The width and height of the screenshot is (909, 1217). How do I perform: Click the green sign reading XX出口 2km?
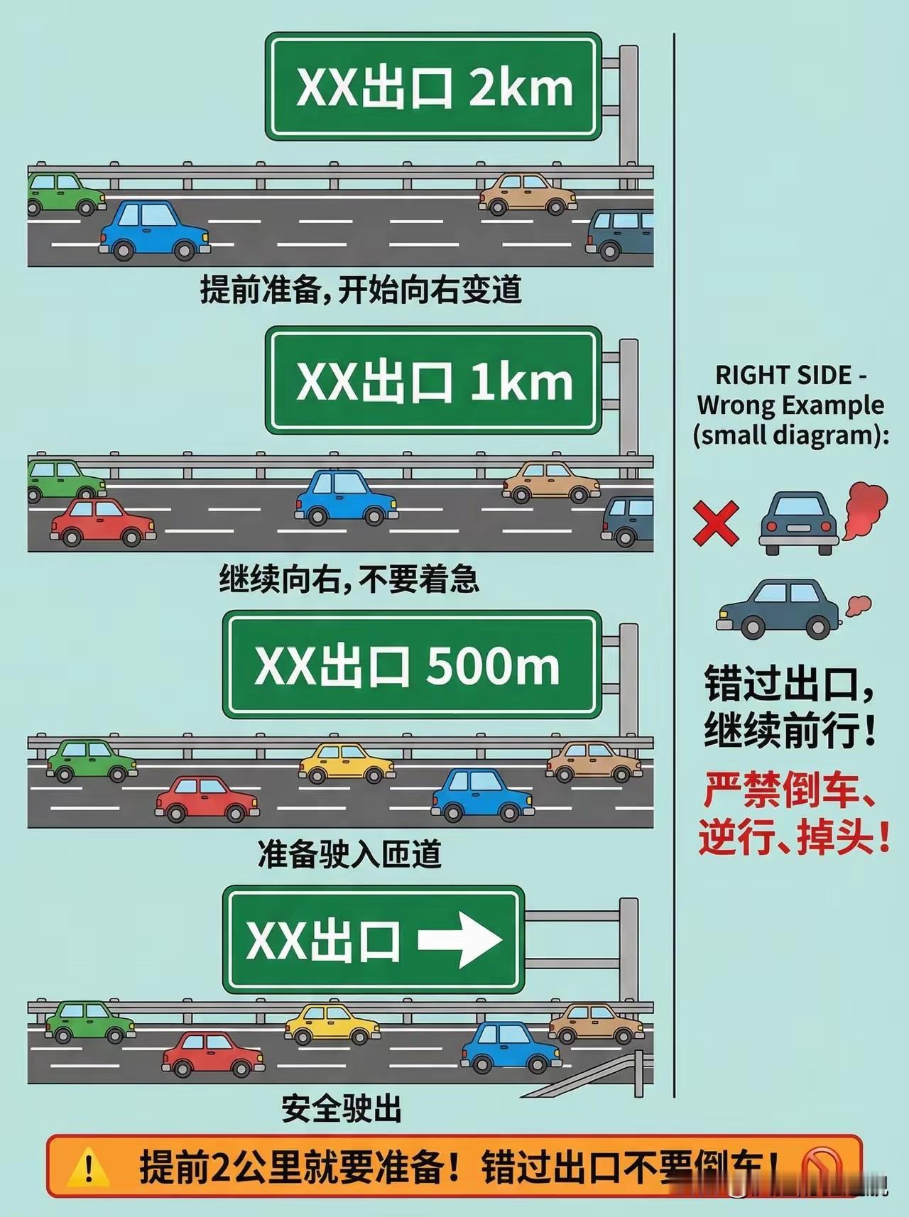pyautogui.click(x=433, y=87)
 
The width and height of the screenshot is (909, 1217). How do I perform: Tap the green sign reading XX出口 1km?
pyautogui.click(x=433, y=381)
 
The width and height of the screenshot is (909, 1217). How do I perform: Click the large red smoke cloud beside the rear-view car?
pyautogui.click(x=864, y=509)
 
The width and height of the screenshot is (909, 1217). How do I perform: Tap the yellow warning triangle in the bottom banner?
pyautogui.click(x=89, y=1167)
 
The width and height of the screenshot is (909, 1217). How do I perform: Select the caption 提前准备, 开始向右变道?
pyautogui.click(x=361, y=290)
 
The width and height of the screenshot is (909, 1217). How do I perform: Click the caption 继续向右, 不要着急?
pyautogui.click(x=349, y=579)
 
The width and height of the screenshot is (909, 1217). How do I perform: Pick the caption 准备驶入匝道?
pyautogui.click(x=349, y=854)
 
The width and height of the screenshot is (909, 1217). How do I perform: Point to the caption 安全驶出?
pyautogui.click(x=342, y=1108)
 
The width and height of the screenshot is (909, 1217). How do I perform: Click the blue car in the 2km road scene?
pyautogui.click(x=154, y=229)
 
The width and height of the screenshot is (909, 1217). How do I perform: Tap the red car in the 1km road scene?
pyautogui.click(x=103, y=522)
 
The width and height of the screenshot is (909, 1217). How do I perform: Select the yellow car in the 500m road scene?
pyautogui.click(x=347, y=763)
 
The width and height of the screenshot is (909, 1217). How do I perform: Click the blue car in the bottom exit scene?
pyautogui.click(x=510, y=1046)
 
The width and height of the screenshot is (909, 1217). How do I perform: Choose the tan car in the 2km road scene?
pyautogui.click(x=527, y=194)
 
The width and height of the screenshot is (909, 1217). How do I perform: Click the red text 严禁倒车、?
pyautogui.click(x=788, y=790)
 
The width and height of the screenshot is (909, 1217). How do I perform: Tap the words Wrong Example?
pyautogui.click(x=790, y=405)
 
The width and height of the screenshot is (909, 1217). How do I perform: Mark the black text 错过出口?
pyautogui.click(x=788, y=684)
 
